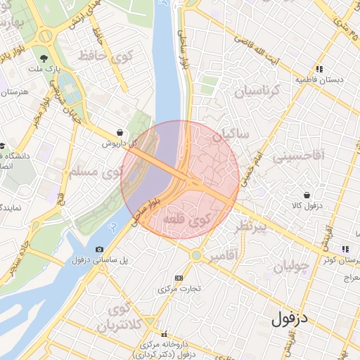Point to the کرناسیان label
point(256,91)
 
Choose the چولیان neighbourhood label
point(290,266)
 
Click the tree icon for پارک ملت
point(45,58)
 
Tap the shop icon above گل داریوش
point(120,131)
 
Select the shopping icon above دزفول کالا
point(307,195)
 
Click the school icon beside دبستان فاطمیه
point(319,69)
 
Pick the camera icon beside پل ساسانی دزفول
point(99,250)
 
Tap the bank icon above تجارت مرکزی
point(178,278)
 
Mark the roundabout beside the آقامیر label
point(196,255)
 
